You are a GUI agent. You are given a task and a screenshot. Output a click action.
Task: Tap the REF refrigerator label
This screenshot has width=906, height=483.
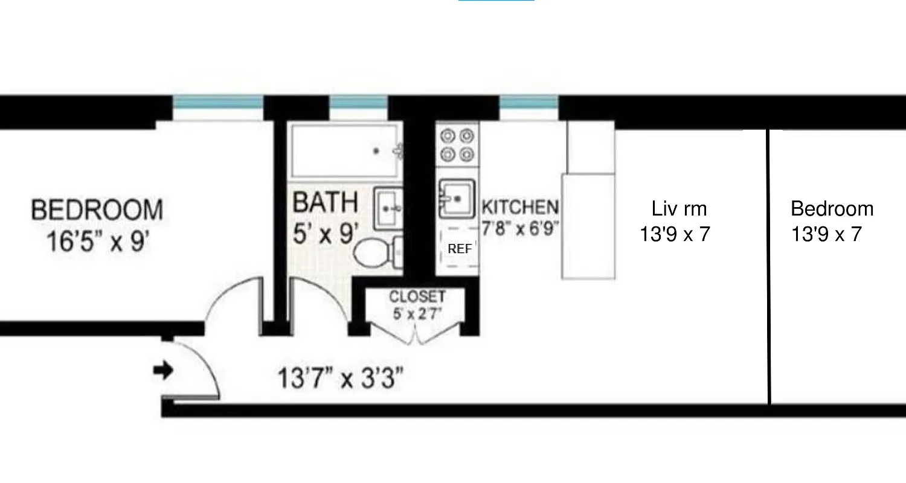point(460,249)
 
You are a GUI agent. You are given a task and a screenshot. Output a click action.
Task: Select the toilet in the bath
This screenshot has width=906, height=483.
point(371,252)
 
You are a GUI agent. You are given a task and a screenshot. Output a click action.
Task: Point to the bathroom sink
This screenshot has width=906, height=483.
point(387,208)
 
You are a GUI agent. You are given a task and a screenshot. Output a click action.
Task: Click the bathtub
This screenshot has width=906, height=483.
point(344,151)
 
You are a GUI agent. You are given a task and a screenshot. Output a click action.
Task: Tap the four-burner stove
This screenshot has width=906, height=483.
point(457,145)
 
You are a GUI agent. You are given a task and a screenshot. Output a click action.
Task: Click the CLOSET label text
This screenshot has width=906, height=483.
point(417,297)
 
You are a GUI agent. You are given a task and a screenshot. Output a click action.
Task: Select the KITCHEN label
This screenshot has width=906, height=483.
point(519,208)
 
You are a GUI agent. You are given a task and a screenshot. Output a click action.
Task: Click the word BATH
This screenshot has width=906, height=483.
point(325,203)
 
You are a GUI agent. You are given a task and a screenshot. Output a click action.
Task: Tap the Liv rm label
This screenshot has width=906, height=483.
point(679,209)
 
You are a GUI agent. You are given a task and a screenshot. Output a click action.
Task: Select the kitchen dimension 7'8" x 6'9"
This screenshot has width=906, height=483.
point(521,228)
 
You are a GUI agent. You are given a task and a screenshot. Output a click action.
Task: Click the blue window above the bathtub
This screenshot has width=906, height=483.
point(358,103)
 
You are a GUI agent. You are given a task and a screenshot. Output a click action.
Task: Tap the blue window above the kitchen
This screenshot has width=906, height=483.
point(528,103)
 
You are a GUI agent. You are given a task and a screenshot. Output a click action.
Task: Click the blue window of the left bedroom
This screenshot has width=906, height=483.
point(218,103)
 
